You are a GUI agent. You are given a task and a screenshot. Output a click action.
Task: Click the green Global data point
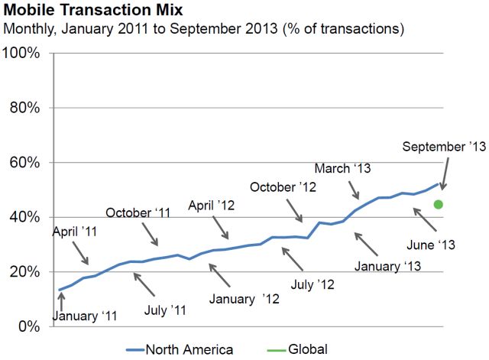pyautogui.click(x=439, y=204)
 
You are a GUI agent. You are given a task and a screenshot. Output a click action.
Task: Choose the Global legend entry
pyautogui.click(x=308, y=349)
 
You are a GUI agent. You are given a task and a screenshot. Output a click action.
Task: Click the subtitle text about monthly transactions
pyautogui.click(x=204, y=29)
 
